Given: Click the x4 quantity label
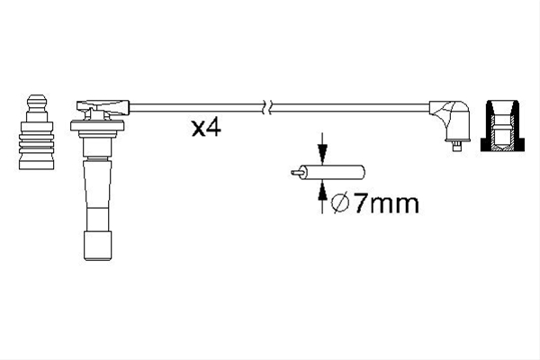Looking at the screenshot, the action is [x=206, y=128].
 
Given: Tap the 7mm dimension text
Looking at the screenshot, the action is [x=386, y=202].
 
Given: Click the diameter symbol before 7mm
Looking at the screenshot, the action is [x=340, y=203].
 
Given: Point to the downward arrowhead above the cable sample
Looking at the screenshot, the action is [x=322, y=153].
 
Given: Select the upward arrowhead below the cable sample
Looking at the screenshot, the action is [x=322, y=192].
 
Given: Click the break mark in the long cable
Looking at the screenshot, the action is [x=267, y=107].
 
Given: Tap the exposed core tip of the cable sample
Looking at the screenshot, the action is [x=295, y=172].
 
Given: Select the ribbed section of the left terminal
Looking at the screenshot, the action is [x=37, y=145].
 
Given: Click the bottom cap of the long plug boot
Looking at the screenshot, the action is [x=98, y=246].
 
